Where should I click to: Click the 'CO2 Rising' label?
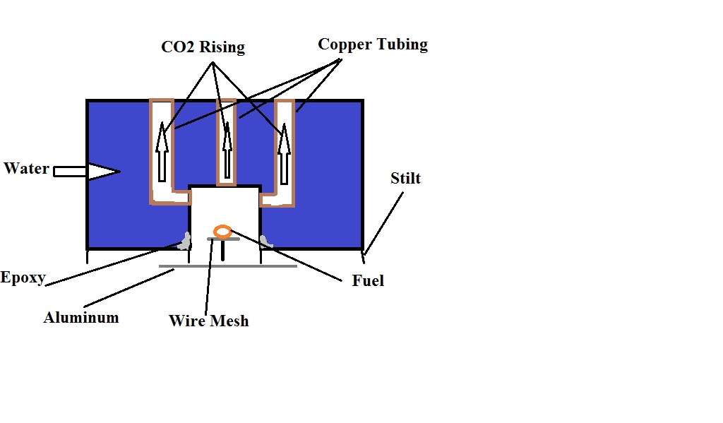(x=202, y=48)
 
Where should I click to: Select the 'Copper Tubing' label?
(x=372, y=44)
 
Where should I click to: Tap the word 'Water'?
(x=26, y=169)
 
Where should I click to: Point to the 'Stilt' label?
(x=405, y=178)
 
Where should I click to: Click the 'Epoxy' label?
(x=23, y=278)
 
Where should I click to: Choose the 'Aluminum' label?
(x=81, y=318)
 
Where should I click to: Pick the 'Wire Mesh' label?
(x=209, y=321)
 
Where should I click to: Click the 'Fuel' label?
(x=368, y=281)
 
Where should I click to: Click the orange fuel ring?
(x=222, y=231)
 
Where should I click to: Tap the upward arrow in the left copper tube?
(x=162, y=151)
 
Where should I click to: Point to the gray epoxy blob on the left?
(x=185, y=242)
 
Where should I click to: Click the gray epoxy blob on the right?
(x=267, y=242)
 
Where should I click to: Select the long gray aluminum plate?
(x=227, y=266)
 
